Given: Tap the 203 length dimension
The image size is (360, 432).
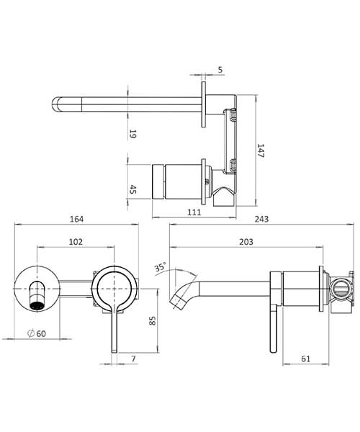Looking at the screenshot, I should click(246, 243).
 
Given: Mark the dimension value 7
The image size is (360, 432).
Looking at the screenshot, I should click(135, 357).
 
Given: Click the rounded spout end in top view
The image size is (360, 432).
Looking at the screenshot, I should click(59, 104).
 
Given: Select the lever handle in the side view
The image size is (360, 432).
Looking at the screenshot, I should click(272, 328).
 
